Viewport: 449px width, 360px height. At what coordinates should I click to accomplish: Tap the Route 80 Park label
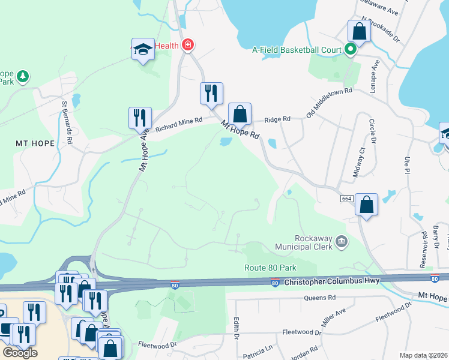[271, 268]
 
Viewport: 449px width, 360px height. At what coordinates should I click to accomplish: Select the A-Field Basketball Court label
[297, 50]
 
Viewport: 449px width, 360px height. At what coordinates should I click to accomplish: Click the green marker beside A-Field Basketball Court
[349, 50]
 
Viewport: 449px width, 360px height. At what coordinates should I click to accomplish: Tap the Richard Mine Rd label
[179, 124]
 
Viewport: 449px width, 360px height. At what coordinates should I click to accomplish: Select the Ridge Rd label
[277, 119]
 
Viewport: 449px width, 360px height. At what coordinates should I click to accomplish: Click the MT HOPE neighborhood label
[35, 143]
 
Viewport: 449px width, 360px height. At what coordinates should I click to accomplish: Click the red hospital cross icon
[188, 45]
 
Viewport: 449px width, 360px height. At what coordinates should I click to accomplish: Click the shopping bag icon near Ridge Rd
[240, 113]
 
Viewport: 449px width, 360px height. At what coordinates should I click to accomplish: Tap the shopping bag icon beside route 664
[366, 204]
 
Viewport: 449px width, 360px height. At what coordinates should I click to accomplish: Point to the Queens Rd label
[319, 298]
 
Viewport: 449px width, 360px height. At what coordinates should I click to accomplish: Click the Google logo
[20, 352]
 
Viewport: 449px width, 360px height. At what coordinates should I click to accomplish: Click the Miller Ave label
[333, 318]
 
